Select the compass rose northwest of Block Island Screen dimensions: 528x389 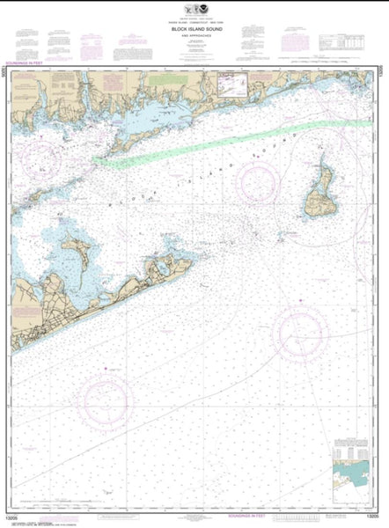(x=257, y=180)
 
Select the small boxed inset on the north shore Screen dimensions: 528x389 (x=232, y=83)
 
